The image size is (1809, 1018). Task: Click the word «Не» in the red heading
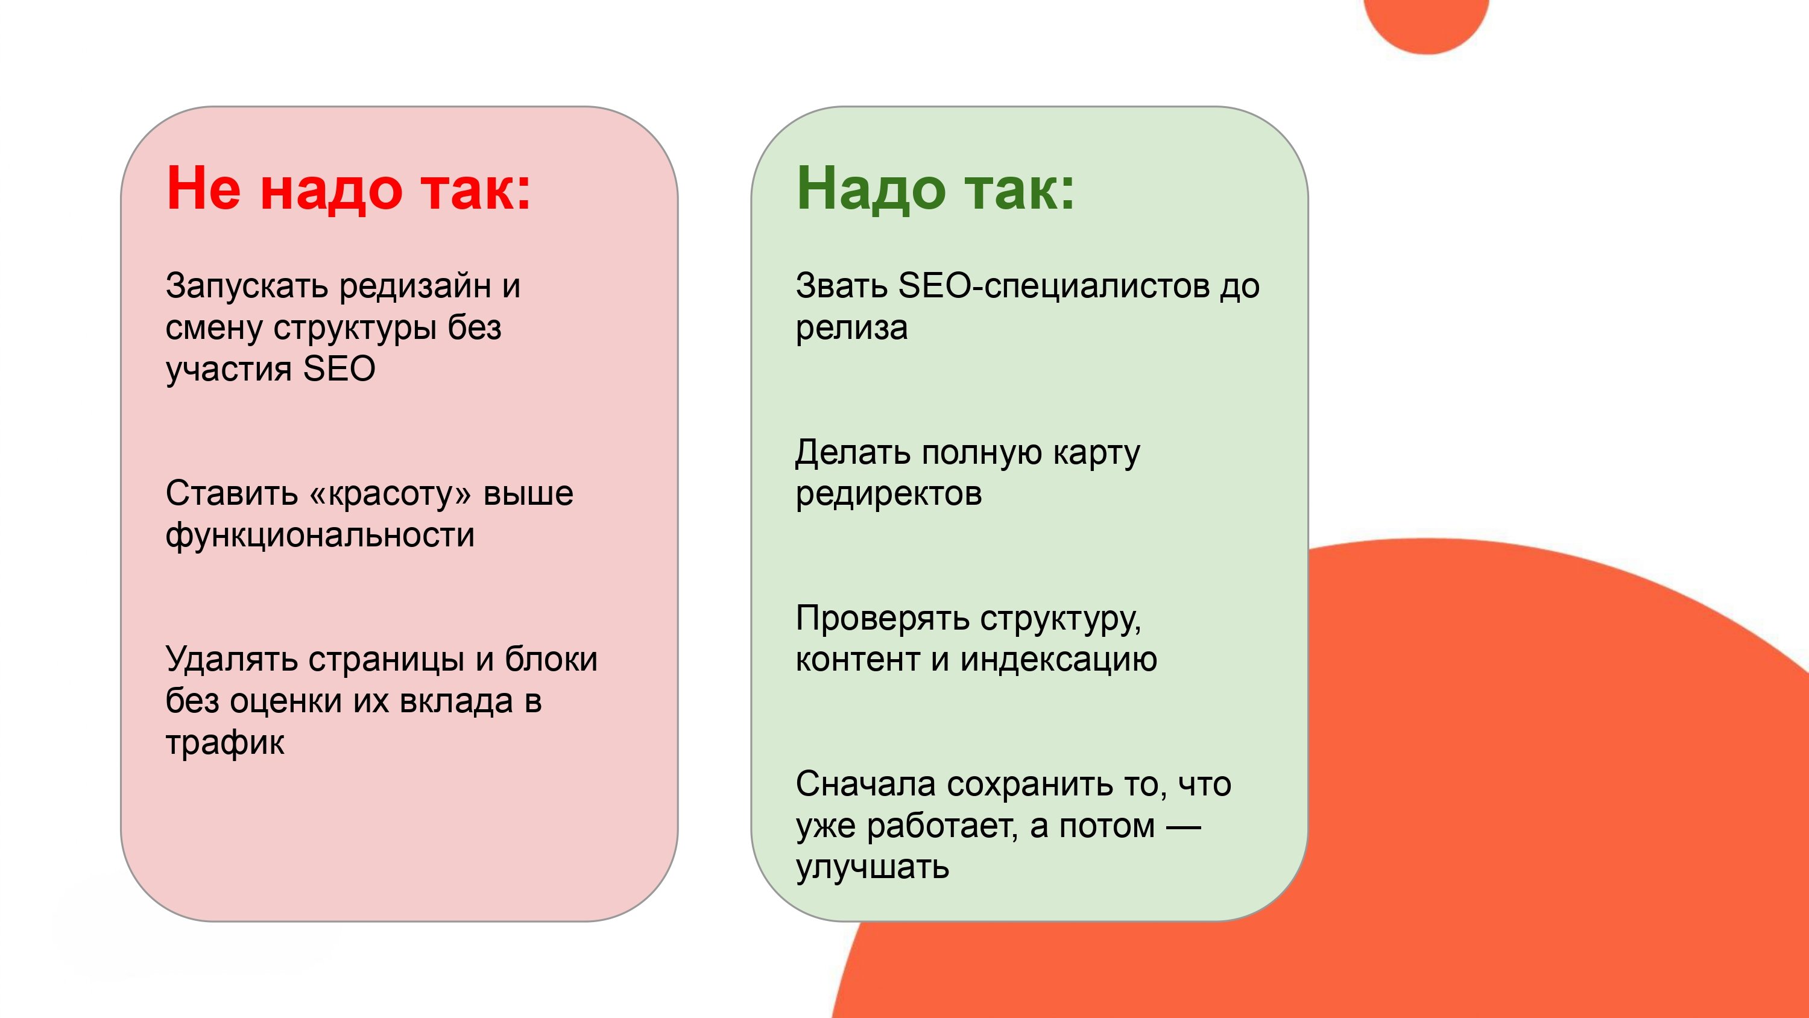[x=203, y=188]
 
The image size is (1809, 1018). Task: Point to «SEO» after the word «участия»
[x=339, y=369]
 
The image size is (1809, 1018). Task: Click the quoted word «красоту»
[x=390, y=494]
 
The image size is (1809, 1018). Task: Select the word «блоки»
[x=551, y=660]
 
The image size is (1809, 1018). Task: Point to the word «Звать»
[x=841, y=286]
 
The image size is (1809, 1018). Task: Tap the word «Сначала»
[x=865, y=784]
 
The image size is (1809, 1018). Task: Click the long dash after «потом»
[x=1183, y=827]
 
